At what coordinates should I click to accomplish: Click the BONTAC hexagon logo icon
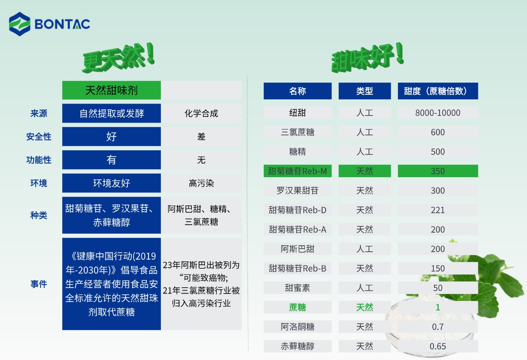coord(19,24)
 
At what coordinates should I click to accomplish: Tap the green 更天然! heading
coord(119,58)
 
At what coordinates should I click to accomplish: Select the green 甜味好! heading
coord(367,58)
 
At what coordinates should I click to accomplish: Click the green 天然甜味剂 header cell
coord(111,90)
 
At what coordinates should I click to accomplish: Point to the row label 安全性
coord(39,137)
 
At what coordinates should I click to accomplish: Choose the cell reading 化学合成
coord(201,113)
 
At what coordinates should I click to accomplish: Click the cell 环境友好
coord(111,183)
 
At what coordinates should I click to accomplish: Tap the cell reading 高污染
coord(201,183)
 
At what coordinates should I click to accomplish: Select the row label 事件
coord(39,284)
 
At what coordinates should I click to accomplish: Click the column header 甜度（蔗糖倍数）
coord(438,91)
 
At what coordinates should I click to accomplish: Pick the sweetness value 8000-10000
coord(438,113)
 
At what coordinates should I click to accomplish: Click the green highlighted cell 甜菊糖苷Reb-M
coord(298,171)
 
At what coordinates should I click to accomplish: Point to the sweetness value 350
coord(438,171)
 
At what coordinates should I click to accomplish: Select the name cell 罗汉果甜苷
coord(298,190)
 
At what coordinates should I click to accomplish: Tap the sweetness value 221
coord(438,210)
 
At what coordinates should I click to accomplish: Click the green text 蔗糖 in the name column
coord(298,307)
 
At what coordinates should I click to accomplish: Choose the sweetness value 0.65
coord(438,346)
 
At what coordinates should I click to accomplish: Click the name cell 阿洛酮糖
coord(298,327)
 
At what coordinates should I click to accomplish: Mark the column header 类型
coord(364,91)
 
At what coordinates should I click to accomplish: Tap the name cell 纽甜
coord(298,113)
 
